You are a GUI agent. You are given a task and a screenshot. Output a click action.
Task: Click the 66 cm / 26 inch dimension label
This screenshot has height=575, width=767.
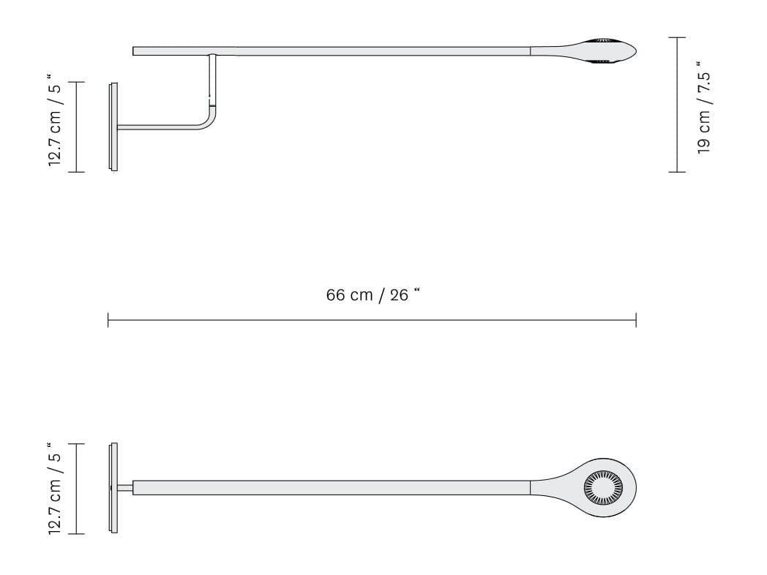[x=373, y=296]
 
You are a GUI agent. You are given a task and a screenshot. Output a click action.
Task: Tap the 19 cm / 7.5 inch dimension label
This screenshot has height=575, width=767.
[x=704, y=107]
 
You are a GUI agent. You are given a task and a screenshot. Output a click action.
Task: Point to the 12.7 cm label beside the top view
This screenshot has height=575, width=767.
[x=54, y=488]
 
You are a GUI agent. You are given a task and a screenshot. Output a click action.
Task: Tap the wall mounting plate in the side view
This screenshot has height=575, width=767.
[x=113, y=127]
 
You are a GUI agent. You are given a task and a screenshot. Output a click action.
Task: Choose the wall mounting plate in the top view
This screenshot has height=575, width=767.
[x=113, y=488]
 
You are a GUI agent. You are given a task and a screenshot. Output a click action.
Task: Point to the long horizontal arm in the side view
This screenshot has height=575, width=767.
[x=366, y=51]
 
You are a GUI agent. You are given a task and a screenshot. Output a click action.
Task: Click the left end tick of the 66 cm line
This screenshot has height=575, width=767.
[x=108, y=320]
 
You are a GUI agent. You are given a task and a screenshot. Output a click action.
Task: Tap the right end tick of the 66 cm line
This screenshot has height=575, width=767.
[x=636, y=320]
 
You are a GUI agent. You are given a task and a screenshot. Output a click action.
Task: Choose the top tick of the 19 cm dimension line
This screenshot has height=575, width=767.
[x=677, y=37]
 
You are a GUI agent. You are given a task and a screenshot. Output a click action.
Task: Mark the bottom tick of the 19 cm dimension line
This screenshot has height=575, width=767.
[x=677, y=172]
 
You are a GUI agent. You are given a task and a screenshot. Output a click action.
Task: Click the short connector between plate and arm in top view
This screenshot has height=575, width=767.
[x=125, y=488]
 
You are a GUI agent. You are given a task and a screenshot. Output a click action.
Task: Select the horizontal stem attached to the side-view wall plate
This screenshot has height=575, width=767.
[x=157, y=127]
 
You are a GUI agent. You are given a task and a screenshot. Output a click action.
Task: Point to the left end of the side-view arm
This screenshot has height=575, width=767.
[x=135, y=51]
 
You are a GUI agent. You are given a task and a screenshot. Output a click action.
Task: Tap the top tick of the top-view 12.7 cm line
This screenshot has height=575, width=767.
[x=76, y=443]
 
